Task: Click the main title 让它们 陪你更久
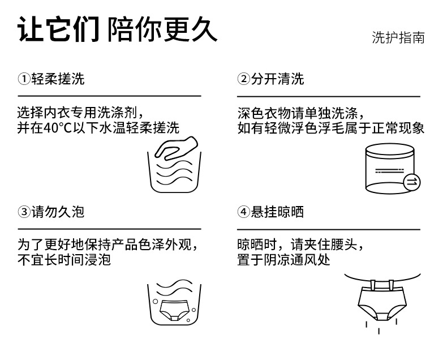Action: [118, 29]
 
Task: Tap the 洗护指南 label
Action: [398, 38]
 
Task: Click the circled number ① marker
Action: [24, 79]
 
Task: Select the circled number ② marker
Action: [244, 79]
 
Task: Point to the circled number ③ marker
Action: [24, 212]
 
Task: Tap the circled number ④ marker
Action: [244, 212]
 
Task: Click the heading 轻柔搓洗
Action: [58, 79]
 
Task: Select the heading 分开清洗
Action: [277, 79]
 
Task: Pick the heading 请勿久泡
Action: [58, 212]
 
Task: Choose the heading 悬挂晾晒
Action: [277, 212]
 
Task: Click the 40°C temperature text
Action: [58, 128]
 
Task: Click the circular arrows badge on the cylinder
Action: [412, 182]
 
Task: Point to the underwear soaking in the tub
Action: [174, 310]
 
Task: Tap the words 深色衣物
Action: [264, 113]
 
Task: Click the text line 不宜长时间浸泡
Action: [64, 260]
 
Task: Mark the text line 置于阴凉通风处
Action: [283, 260]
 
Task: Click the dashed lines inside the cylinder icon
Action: [390, 171]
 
